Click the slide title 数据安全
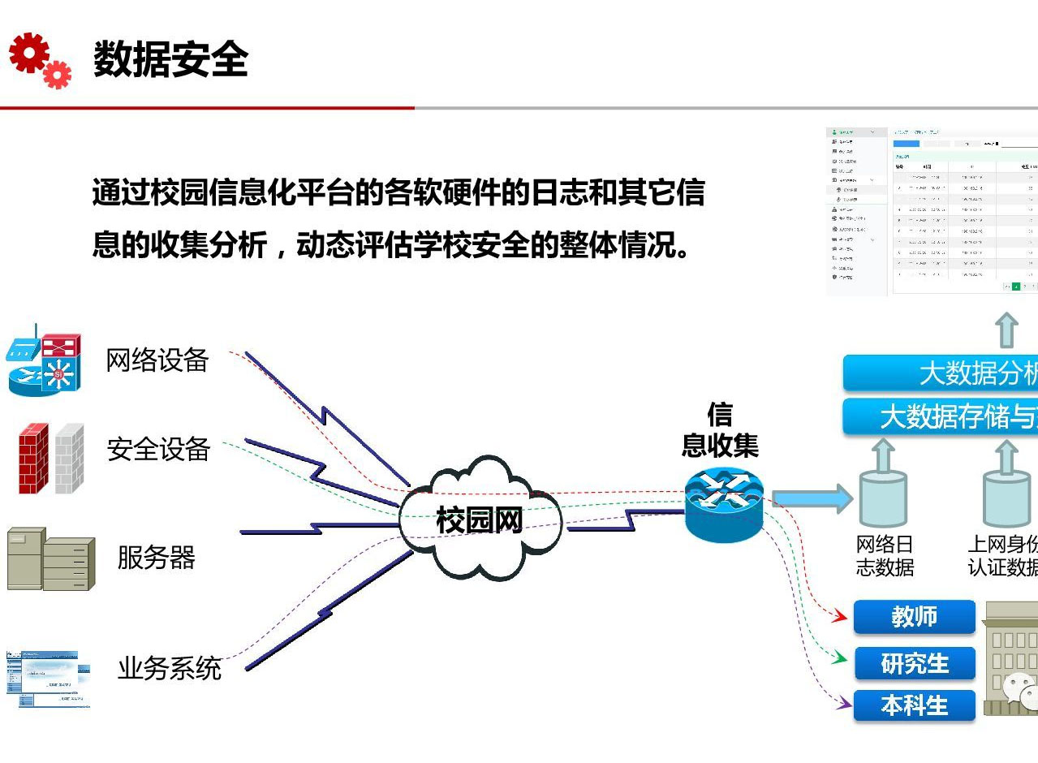(170, 59)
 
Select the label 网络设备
(157, 360)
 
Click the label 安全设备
(159, 449)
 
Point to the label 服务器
(157, 558)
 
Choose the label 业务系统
(170, 668)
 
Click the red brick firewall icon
(33, 458)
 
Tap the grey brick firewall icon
(70, 458)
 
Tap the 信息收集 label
(720, 430)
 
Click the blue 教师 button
(914, 617)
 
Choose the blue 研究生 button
(914, 663)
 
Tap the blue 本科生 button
(914, 705)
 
